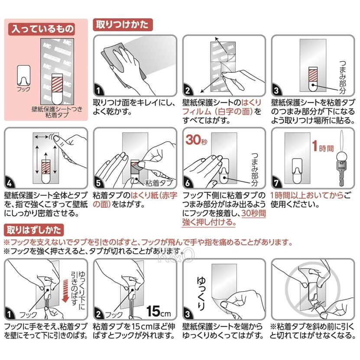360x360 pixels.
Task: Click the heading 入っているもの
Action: pos(42,29)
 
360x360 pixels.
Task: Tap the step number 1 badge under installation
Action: pos(99,90)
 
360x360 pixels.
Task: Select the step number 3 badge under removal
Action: pos(188,313)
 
